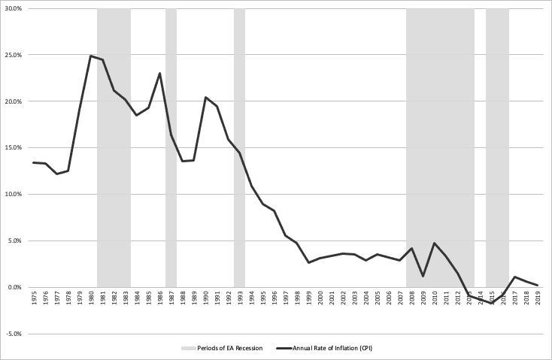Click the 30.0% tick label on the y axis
click(13, 9)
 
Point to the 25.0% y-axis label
click(13, 56)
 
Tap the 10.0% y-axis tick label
click(13, 195)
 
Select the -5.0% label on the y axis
click(13, 334)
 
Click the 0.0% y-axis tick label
click(14, 287)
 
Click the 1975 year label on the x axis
click(35, 298)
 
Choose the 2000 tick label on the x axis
click(320, 298)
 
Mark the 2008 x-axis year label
click(412, 298)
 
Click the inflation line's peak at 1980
click(91, 56)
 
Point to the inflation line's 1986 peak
click(160, 74)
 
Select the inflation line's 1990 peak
click(206, 98)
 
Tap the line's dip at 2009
click(423, 276)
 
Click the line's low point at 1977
click(57, 174)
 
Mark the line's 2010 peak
click(435, 244)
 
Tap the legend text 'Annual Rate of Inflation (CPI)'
click(329, 348)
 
